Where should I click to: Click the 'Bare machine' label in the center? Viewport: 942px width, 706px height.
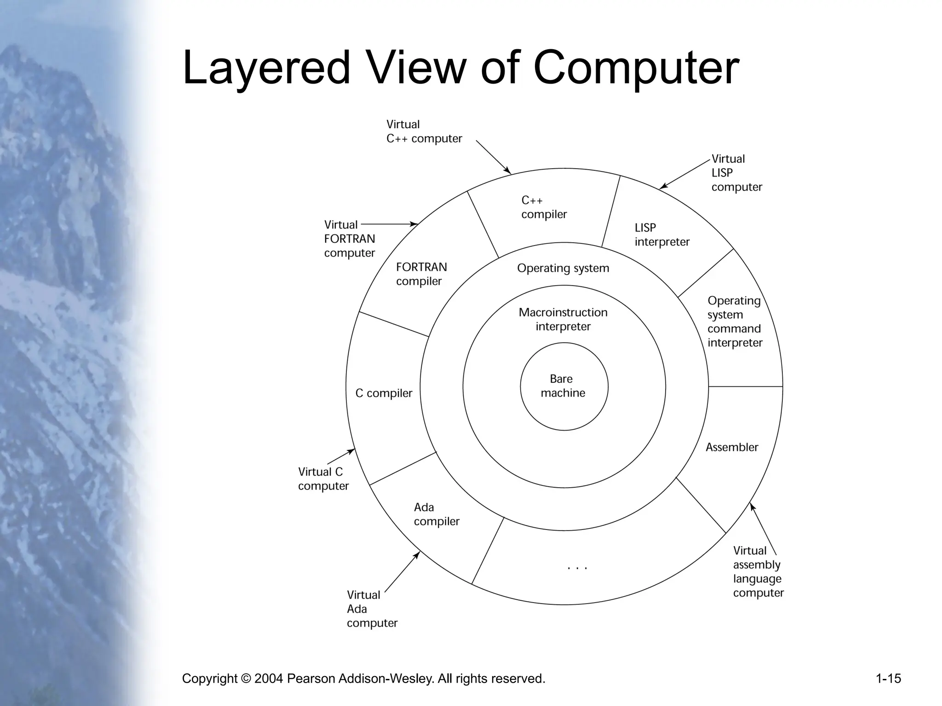563,386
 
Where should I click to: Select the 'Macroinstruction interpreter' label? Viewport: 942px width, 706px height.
563,319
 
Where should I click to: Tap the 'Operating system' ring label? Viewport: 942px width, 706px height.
563,268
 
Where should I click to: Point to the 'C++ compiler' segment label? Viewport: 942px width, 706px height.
544,207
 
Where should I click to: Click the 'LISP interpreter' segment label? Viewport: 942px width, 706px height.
662,235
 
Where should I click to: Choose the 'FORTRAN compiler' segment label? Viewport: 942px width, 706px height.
421,274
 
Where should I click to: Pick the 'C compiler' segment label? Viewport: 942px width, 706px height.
384,393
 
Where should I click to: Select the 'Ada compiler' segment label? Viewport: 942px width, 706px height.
437,514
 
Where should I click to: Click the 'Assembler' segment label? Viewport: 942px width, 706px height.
732,447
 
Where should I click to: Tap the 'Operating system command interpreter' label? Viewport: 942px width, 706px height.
735,322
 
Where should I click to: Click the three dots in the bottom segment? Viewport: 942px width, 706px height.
578,568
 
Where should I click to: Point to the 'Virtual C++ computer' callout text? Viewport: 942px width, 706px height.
424,131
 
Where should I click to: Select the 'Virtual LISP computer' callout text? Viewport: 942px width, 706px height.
736,173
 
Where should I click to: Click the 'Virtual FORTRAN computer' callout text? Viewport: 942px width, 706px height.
349,239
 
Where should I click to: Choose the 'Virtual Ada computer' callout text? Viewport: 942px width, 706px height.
372,609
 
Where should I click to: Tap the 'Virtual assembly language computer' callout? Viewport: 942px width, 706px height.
758,572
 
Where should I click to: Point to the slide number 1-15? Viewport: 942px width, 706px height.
888,678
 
